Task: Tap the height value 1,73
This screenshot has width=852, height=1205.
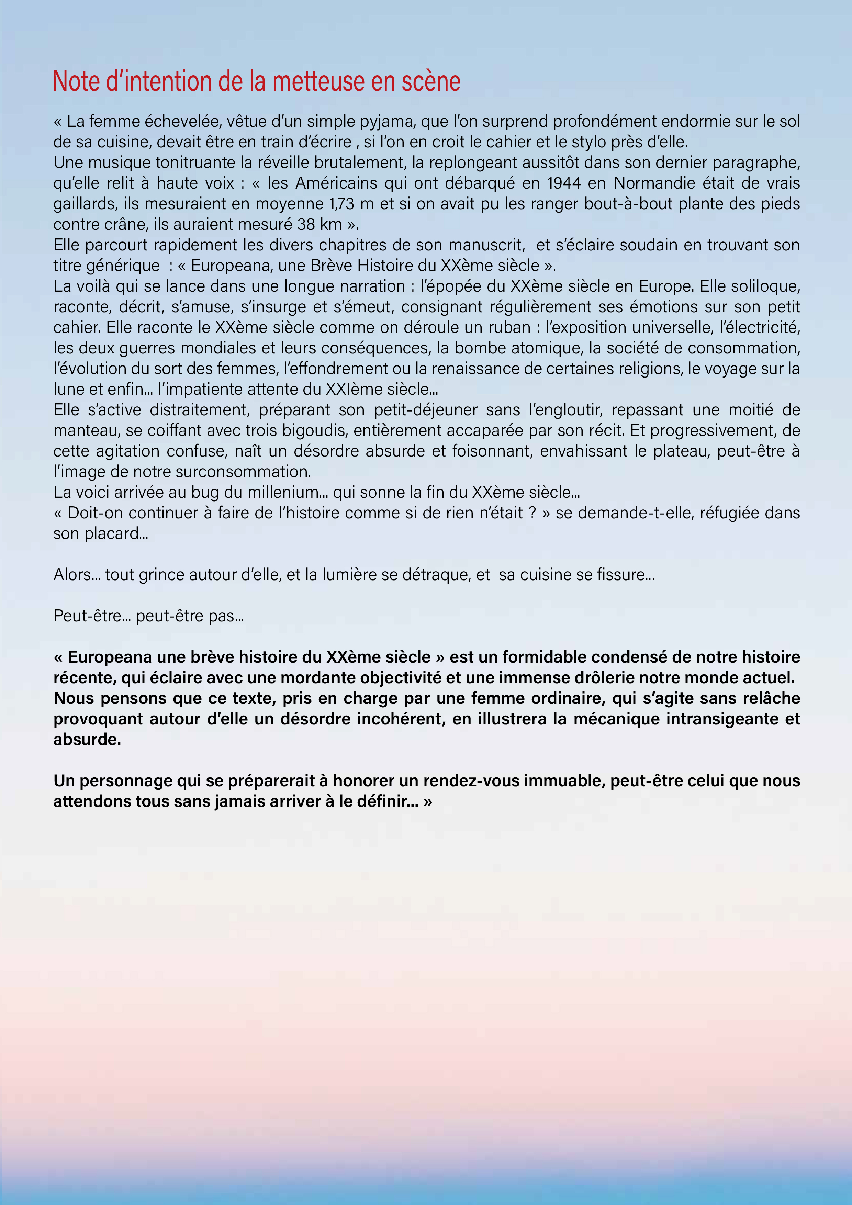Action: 341,204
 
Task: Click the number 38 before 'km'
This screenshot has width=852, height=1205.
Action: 305,224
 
